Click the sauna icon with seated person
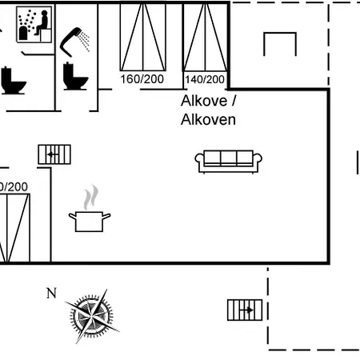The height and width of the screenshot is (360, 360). click(x=34, y=24)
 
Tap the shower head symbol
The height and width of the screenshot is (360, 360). click(x=74, y=42)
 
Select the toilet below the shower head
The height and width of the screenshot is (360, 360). click(x=75, y=76)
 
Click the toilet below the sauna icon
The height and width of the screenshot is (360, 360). click(x=13, y=81)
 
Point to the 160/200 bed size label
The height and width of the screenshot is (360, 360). click(x=142, y=79)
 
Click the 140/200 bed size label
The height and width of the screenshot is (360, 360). click(x=205, y=79)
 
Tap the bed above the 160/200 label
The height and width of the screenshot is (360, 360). click(x=143, y=37)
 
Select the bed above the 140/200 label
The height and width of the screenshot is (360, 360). click(x=205, y=37)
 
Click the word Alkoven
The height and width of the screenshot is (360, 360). click(x=208, y=120)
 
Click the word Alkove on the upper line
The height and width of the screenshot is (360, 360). click(x=204, y=101)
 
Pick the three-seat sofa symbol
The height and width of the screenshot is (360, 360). click(x=229, y=162)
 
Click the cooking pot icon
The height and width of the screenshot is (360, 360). click(x=90, y=221)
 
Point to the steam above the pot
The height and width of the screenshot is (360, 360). click(x=91, y=197)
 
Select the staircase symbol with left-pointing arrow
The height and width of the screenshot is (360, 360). click(x=54, y=154)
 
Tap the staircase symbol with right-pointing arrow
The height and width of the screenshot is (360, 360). click(x=245, y=310)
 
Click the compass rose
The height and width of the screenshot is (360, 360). click(x=91, y=317)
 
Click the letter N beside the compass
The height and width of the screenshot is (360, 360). click(x=51, y=294)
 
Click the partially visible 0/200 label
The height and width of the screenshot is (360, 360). click(x=14, y=187)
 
